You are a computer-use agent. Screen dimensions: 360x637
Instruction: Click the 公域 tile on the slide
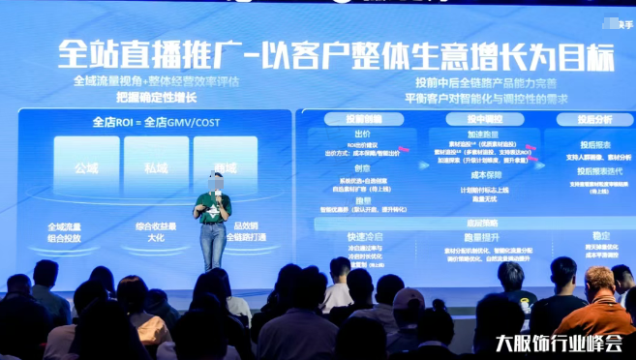(86, 166)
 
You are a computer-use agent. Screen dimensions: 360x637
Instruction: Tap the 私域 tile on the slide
(154, 166)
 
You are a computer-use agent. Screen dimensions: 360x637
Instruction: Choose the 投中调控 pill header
(462, 118)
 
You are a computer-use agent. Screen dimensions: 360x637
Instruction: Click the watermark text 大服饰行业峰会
(558, 343)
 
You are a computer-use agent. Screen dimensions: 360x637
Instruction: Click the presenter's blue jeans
(212, 245)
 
